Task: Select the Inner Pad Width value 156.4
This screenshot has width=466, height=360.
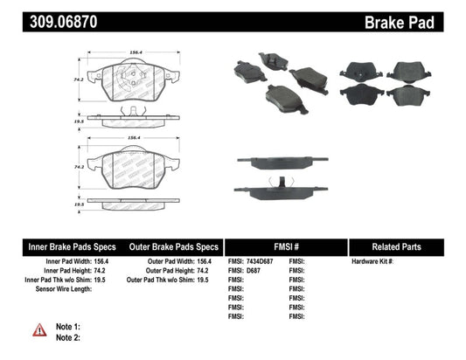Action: (x=109, y=261)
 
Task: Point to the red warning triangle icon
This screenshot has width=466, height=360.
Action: (x=40, y=329)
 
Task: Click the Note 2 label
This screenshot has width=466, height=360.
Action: (x=68, y=337)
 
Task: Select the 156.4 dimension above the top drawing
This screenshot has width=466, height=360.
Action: (x=134, y=52)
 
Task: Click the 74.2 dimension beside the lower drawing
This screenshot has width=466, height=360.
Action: (x=80, y=166)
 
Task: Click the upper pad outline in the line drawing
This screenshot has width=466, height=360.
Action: (x=134, y=83)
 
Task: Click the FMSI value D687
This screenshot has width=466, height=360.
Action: (x=254, y=271)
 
